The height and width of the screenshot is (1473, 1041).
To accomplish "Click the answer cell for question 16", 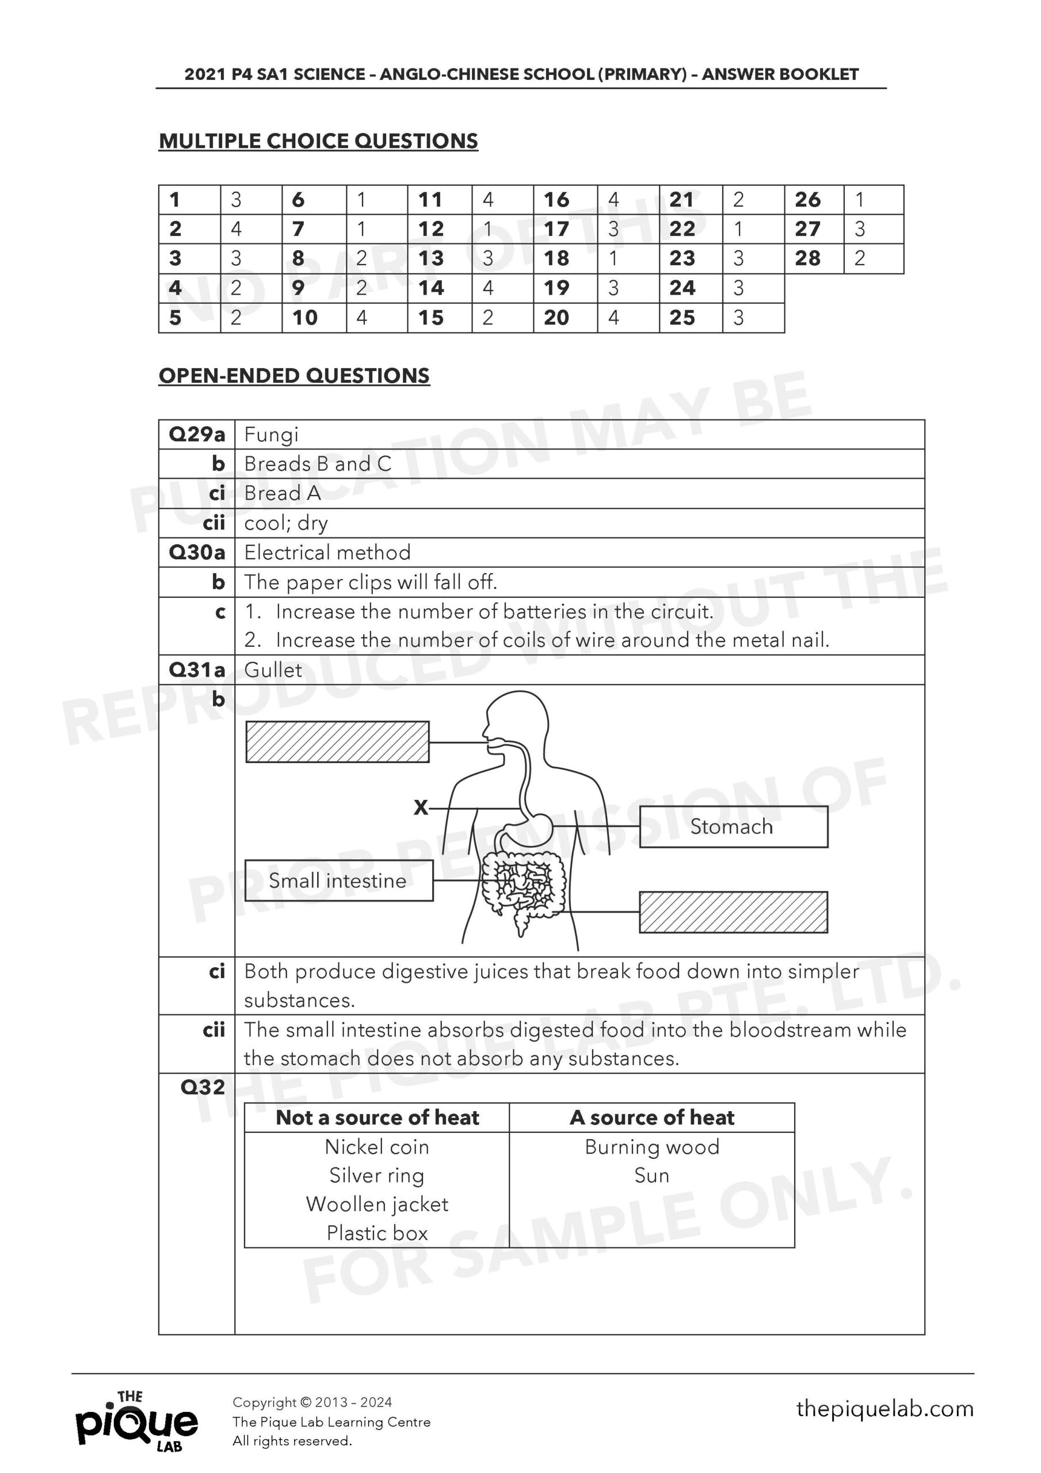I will coord(627,200).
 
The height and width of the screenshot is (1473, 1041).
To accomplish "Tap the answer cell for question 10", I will coord(376,318).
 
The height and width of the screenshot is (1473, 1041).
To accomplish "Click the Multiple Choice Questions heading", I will coord(318,141).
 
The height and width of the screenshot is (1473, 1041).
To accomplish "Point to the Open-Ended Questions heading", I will coord(294,376).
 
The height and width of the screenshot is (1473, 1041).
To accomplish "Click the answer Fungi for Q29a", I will coord(272,435).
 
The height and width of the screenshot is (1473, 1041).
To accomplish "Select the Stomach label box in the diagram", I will coord(733,826).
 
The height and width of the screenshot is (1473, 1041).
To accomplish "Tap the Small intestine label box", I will coord(338,880).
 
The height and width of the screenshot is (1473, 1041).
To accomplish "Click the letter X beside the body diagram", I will coord(421,808).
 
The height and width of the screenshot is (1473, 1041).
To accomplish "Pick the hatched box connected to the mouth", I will coord(338,742).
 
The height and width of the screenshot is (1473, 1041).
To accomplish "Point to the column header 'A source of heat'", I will coord(651,1117).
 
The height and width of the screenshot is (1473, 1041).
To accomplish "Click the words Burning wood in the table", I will coord(651,1146).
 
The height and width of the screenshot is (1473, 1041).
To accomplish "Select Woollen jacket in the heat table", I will coord(377,1204).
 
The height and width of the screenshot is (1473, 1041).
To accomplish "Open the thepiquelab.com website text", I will coord(884,1409).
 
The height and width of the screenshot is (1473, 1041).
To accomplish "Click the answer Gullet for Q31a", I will coord(273,670).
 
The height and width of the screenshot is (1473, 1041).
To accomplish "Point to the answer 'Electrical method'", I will coord(327,552).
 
